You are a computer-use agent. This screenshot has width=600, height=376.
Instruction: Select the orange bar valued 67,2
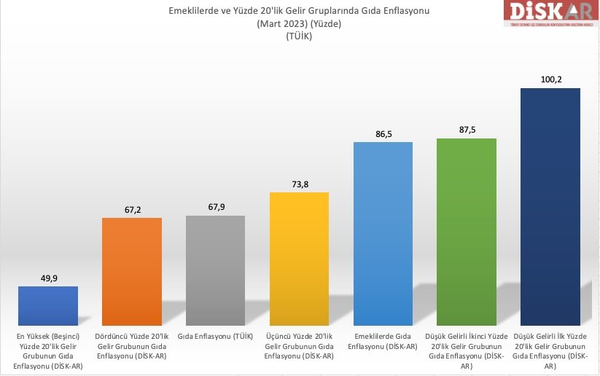click(132, 270)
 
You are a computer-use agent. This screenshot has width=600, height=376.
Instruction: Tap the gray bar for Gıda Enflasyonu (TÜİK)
click(216, 269)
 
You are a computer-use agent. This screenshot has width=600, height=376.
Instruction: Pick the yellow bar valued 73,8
click(299, 257)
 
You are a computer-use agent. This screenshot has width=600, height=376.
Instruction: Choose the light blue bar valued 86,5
click(383, 232)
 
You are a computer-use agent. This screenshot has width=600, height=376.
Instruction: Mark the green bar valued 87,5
click(467, 230)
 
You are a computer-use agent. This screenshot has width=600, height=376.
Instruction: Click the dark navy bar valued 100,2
click(550, 205)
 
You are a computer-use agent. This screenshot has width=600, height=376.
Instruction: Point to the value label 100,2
click(550, 79)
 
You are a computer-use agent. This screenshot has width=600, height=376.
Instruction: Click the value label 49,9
click(48, 277)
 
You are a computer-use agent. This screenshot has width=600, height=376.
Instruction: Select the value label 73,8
click(299, 184)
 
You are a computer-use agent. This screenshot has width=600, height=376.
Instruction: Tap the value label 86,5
click(383, 133)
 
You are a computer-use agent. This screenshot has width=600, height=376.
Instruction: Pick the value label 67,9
click(216, 207)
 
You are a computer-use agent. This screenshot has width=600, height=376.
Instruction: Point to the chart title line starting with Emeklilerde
click(299, 10)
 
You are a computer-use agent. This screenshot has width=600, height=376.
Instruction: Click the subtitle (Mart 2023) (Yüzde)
click(299, 23)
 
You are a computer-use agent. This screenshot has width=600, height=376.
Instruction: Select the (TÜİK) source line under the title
click(299, 37)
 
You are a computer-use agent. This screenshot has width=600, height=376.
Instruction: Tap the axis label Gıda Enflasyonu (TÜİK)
click(216, 336)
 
